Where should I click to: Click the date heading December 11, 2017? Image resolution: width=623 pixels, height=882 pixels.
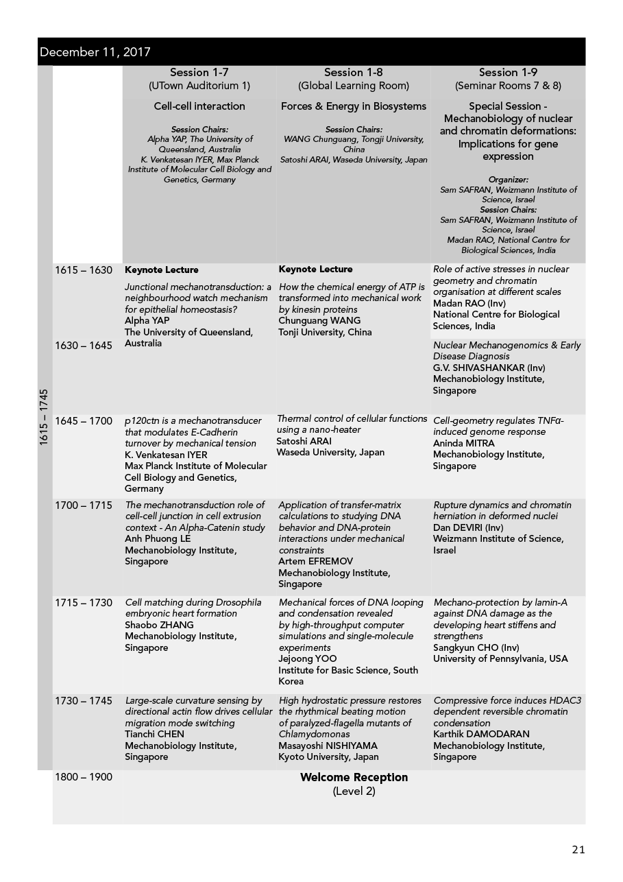(95, 52)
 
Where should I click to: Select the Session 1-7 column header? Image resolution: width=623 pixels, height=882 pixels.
(199, 73)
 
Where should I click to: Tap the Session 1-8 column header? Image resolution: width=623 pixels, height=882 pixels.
(354, 73)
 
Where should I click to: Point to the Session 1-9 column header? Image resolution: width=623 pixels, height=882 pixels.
(508, 73)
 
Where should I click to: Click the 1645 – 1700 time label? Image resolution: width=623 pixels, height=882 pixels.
(84, 420)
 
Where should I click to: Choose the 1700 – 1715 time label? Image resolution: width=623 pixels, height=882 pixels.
(84, 505)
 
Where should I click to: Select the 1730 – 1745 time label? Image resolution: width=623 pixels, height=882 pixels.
(84, 701)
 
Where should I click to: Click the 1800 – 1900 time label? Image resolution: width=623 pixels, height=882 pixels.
(84, 777)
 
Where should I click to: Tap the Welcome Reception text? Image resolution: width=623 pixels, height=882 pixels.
(354, 777)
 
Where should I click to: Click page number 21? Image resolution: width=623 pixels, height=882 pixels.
(578, 850)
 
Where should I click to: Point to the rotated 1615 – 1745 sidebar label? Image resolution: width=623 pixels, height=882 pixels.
(45, 418)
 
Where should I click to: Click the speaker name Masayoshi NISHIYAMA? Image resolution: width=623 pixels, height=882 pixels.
(328, 746)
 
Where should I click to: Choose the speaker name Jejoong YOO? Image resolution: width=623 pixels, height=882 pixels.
(308, 659)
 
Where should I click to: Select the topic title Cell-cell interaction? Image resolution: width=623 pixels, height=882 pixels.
(199, 106)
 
